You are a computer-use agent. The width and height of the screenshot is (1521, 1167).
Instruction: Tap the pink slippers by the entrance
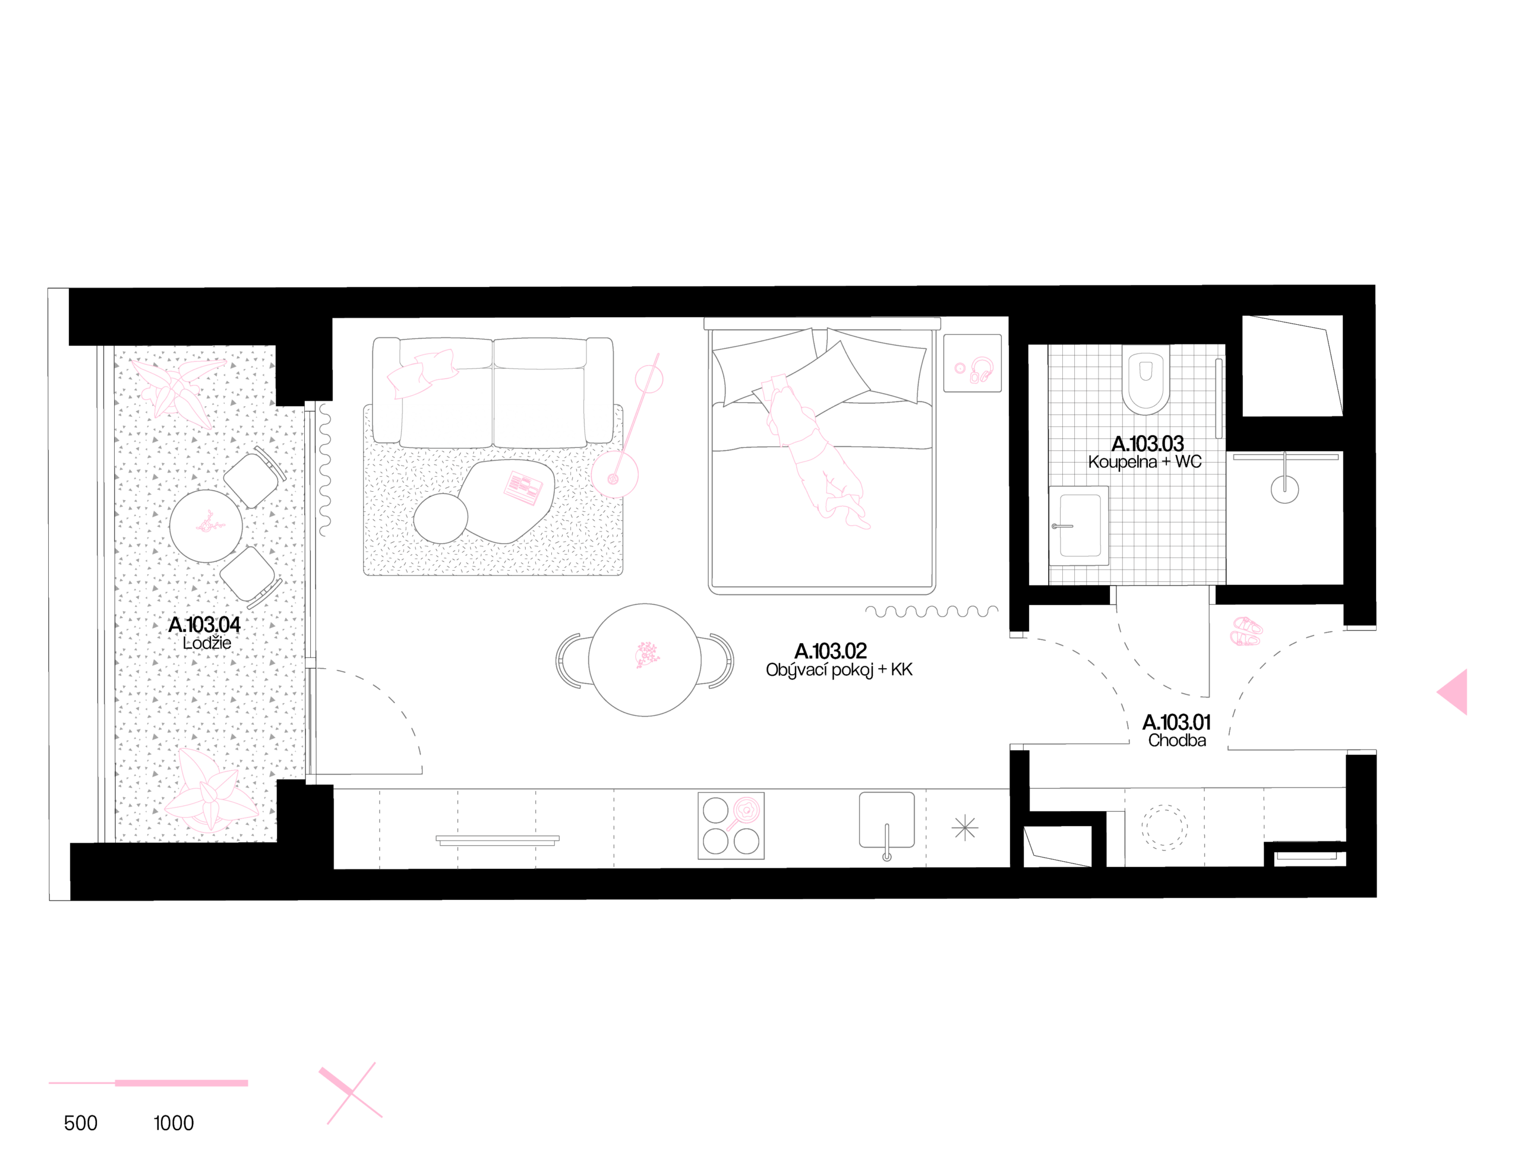tap(1247, 631)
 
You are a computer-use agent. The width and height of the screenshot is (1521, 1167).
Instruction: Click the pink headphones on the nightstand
tap(982, 369)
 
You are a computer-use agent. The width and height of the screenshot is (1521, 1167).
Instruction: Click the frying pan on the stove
tap(746, 811)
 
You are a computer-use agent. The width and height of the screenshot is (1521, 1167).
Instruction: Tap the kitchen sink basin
tap(886, 820)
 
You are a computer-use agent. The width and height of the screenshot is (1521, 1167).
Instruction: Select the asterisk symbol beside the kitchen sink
tap(964, 828)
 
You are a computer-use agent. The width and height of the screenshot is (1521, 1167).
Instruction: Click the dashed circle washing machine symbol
tap(1165, 827)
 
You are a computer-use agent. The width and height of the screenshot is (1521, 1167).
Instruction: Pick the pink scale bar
tap(148, 1083)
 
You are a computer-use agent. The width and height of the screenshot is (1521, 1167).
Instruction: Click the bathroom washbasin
tap(1079, 525)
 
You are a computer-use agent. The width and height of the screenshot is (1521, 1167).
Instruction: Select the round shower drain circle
tap(1284, 489)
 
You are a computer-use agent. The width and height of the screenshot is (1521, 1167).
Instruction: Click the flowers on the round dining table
tap(647, 655)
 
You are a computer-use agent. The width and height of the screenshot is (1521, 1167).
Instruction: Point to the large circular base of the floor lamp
tap(614, 475)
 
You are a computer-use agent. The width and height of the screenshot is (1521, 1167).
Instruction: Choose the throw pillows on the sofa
tap(422, 374)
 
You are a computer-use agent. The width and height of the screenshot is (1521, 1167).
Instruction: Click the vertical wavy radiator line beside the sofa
tap(324, 470)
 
